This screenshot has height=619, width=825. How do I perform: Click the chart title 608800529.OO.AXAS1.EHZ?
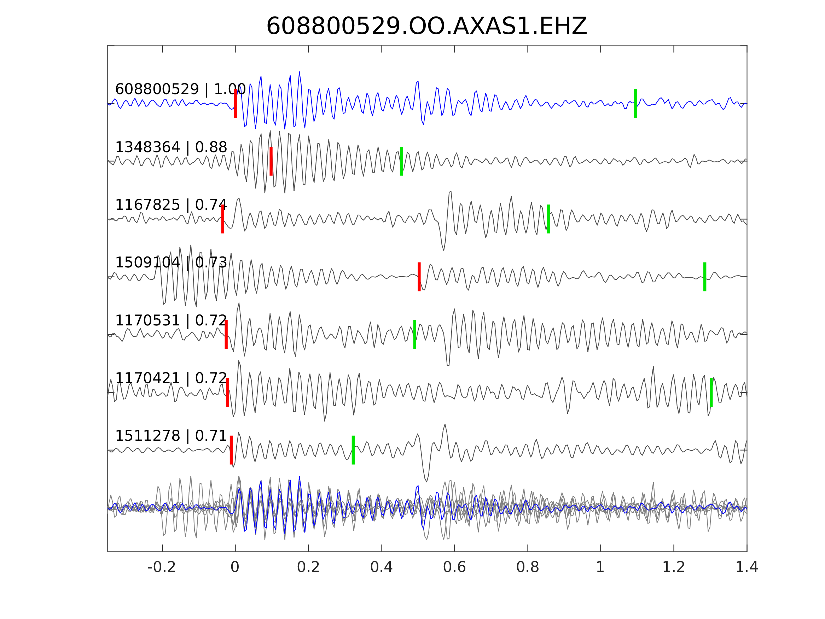click(426, 27)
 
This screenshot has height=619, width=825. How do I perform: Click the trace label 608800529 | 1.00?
click(180, 89)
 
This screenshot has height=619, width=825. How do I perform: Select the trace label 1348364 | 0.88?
click(171, 147)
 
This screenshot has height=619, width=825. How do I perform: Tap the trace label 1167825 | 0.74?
click(171, 205)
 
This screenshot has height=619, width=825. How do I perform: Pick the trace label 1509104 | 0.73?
click(171, 263)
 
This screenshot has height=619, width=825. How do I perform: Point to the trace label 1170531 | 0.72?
click(171, 320)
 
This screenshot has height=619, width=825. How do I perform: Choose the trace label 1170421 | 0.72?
click(171, 378)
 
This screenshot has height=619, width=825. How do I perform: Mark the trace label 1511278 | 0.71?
click(171, 436)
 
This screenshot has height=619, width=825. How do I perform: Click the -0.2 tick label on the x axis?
click(162, 567)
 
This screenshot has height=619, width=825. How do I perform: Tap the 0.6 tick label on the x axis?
click(454, 567)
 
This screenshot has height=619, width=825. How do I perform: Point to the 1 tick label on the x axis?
click(600, 567)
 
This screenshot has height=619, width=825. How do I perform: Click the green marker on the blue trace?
click(635, 103)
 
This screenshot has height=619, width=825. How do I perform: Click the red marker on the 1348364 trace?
click(271, 161)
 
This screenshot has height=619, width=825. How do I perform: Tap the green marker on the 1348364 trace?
click(401, 161)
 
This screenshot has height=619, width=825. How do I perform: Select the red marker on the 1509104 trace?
click(419, 277)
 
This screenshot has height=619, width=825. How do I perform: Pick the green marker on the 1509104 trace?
click(705, 277)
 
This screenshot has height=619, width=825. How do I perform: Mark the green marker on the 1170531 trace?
click(415, 334)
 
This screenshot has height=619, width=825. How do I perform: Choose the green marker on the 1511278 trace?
click(353, 450)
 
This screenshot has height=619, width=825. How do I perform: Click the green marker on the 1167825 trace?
click(548, 219)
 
